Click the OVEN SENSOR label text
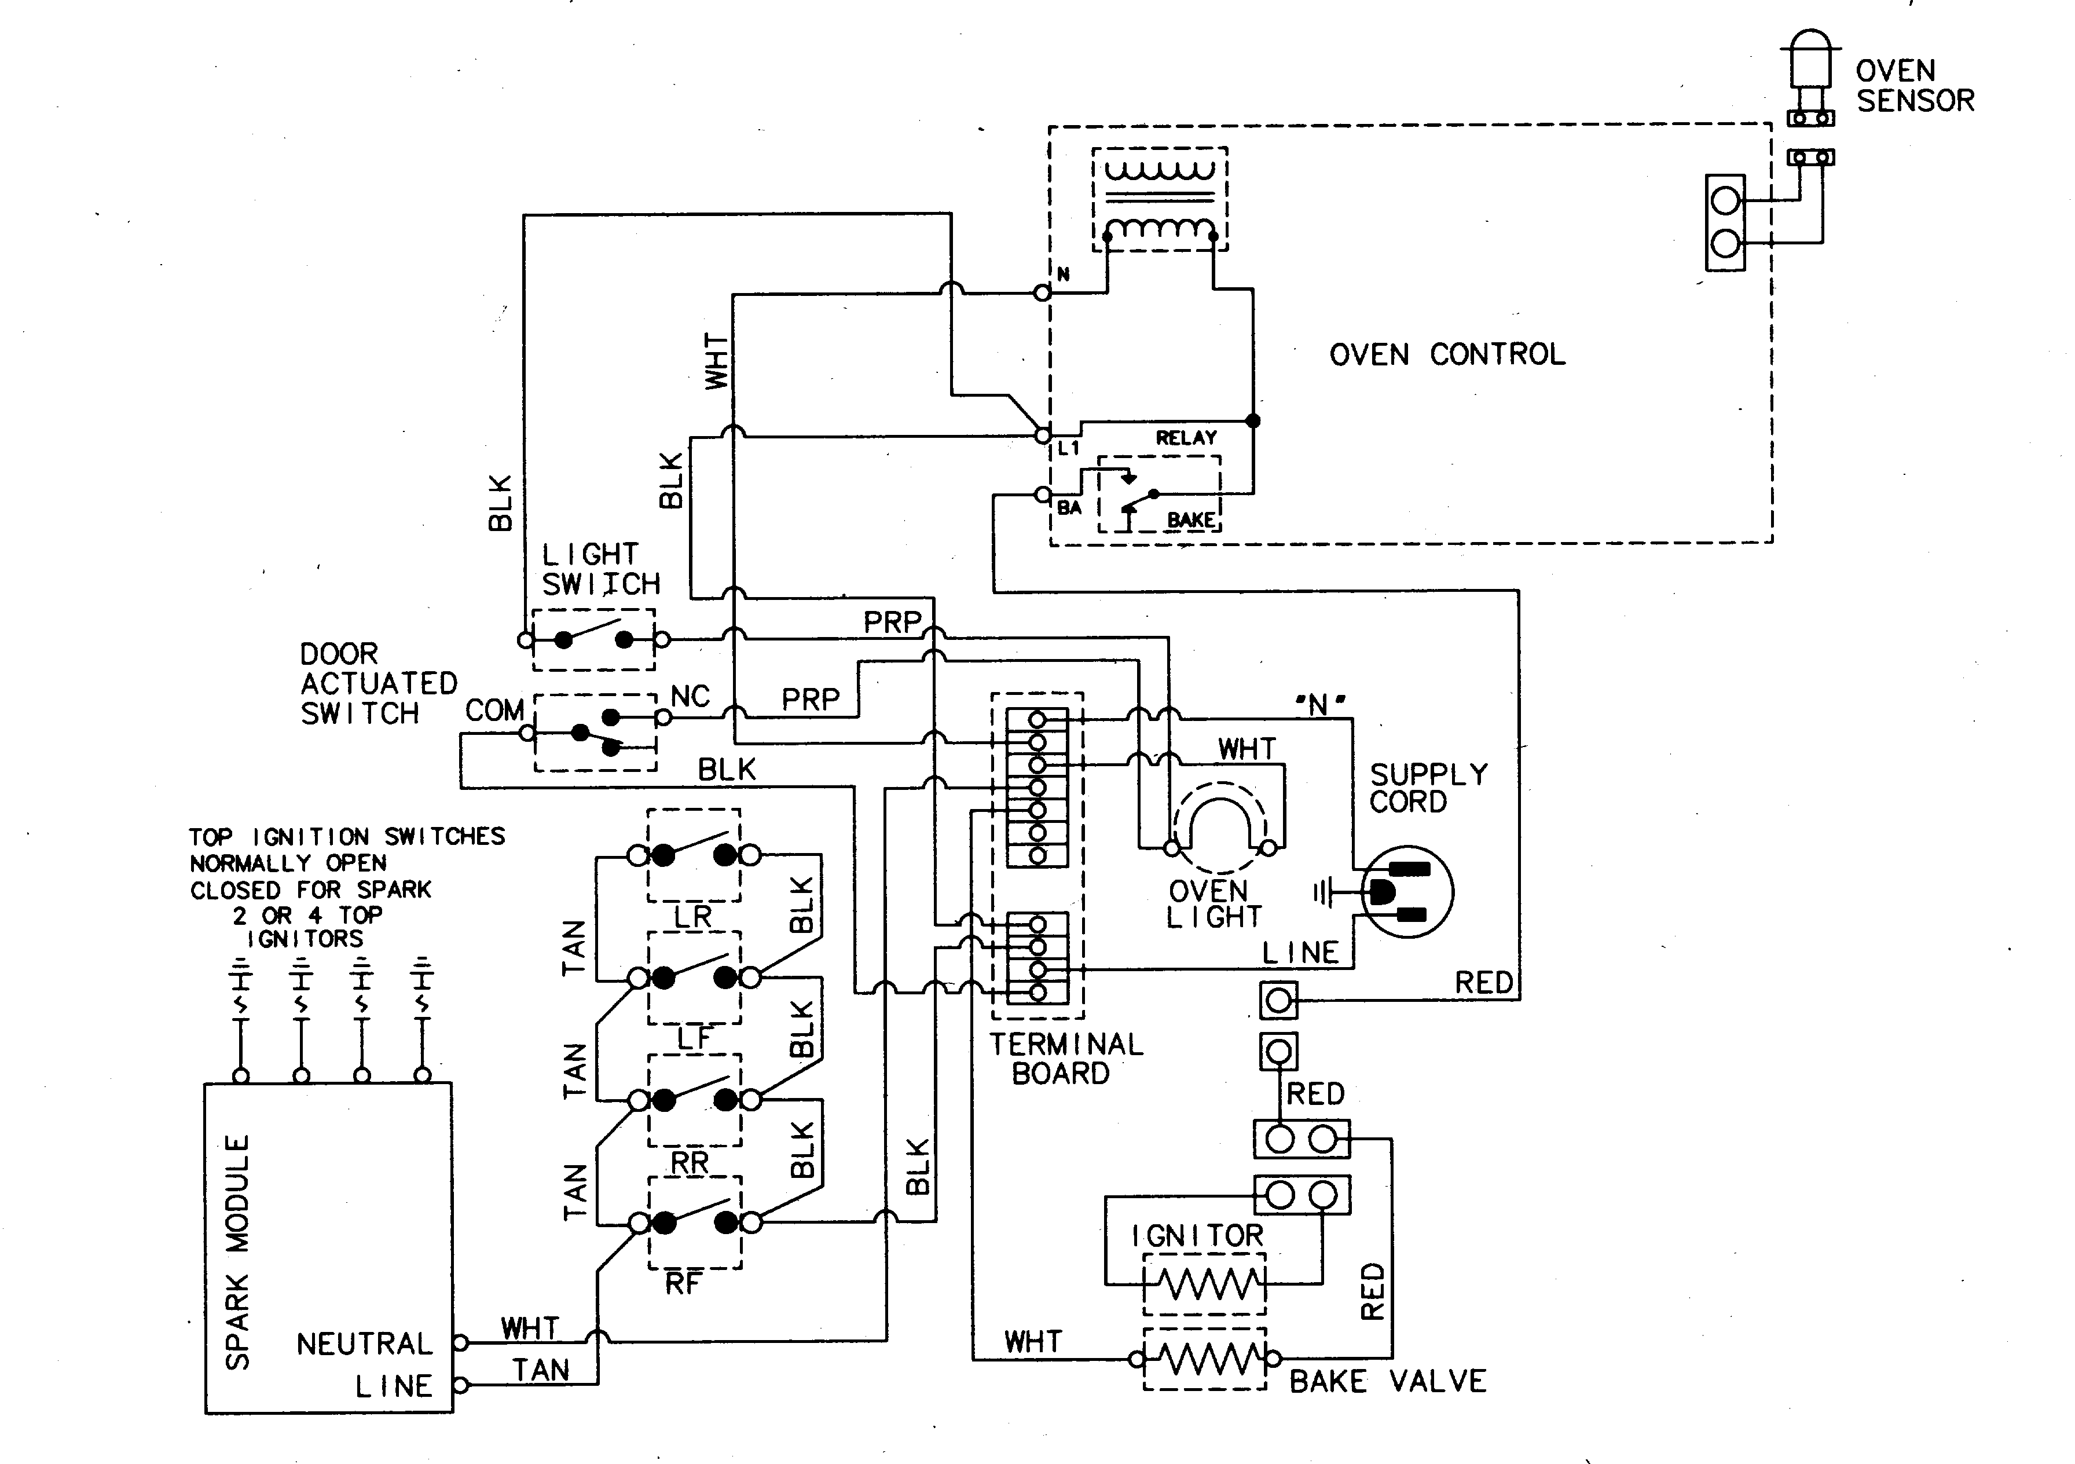1914,86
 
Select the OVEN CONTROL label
1447,354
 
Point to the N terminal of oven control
1042,292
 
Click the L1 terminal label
1068,448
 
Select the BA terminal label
1069,508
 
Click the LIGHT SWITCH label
600,569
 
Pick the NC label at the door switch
691,696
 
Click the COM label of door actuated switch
494,711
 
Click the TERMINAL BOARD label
1065,1059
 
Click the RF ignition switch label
683,1282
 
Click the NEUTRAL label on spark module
364,1344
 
